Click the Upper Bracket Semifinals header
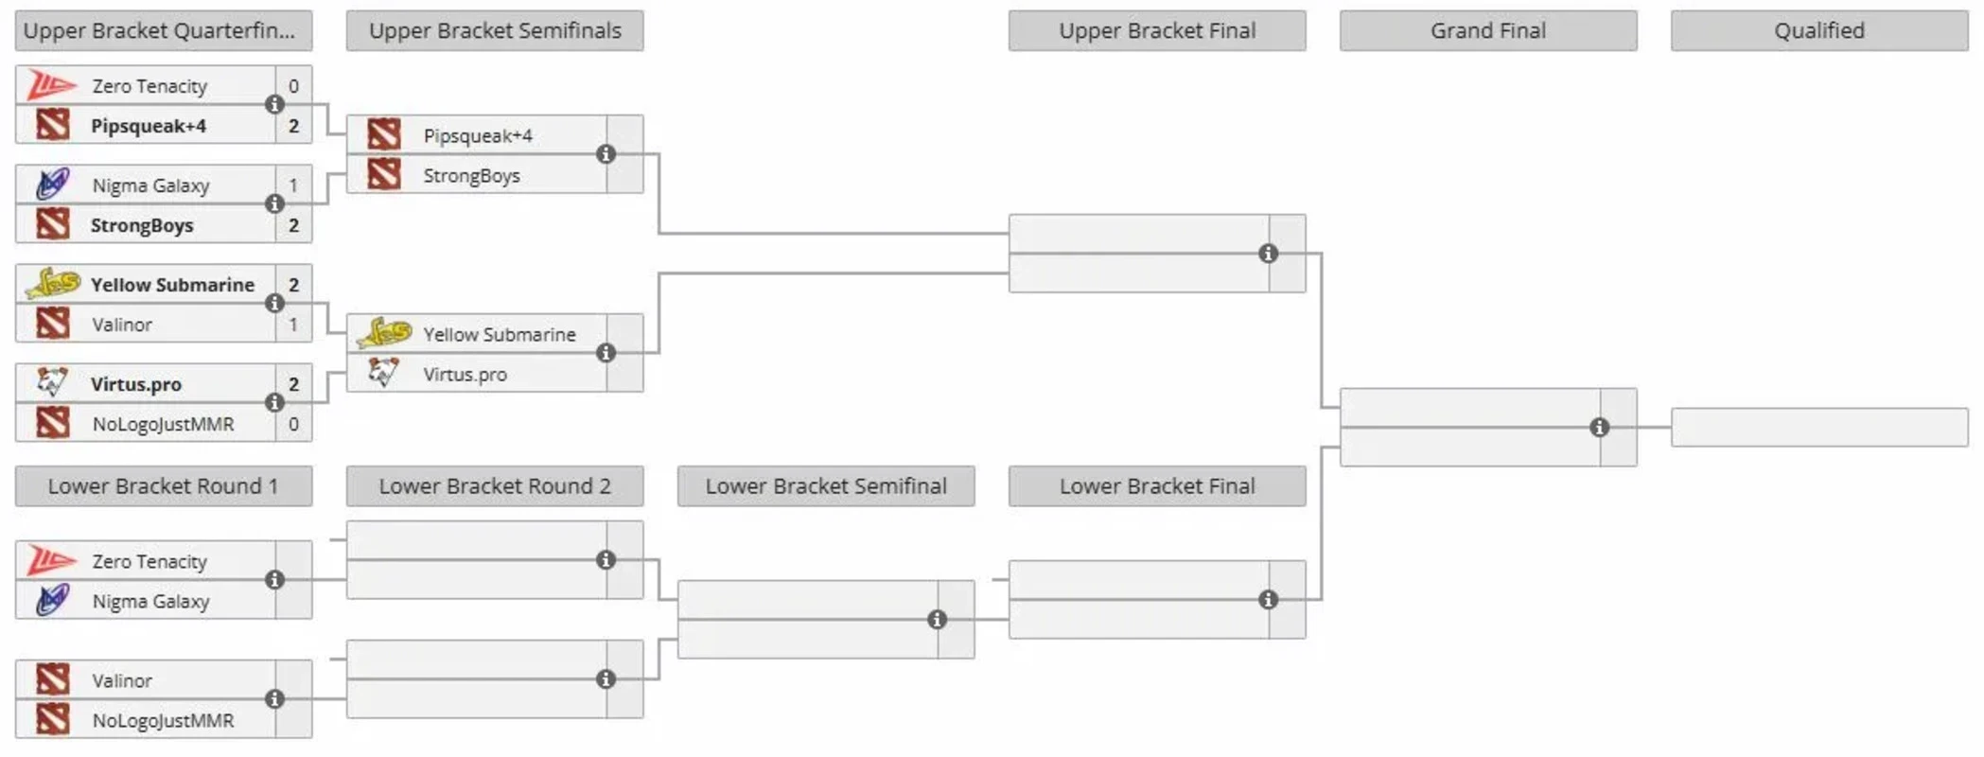tap(495, 31)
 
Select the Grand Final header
tap(1487, 31)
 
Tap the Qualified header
tap(1818, 31)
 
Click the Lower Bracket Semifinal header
tap(825, 486)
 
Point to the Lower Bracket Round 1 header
tap(163, 486)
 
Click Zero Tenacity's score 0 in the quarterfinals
tap(293, 86)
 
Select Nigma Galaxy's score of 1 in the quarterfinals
tap(293, 185)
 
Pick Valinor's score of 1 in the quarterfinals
tap(293, 325)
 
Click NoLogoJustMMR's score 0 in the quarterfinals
tap(293, 424)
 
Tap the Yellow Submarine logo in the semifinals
tap(384, 334)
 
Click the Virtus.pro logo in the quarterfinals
tap(52, 383)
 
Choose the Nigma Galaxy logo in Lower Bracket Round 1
tap(52, 601)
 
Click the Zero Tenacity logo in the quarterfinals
tap(52, 85)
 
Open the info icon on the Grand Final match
tap(1599, 428)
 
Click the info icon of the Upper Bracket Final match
tap(1268, 254)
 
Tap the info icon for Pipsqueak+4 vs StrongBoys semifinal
tap(606, 154)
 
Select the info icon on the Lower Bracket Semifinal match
tap(937, 620)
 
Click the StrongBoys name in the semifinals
tap(471, 176)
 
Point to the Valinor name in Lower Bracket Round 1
tap(122, 680)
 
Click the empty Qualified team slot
tap(1818, 428)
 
